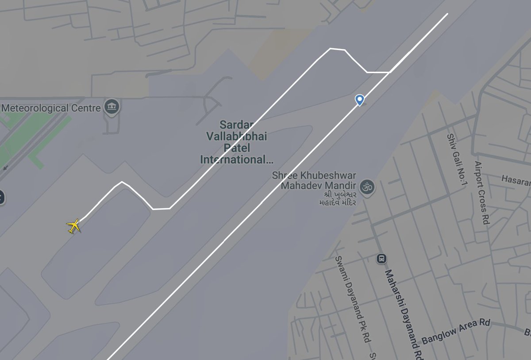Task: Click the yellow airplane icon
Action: point(74,226)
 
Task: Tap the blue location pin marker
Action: point(360,100)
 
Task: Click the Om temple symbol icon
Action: point(366,187)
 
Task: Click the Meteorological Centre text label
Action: point(51,108)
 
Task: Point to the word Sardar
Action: point(236,125)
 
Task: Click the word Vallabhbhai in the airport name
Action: point(236,136)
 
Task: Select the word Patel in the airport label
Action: point(236,148)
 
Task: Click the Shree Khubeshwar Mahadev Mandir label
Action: point(314,180)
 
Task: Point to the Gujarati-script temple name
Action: point(338,198)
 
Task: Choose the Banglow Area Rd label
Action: point(456,331)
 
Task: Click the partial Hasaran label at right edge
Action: point(516,179)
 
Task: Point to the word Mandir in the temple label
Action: point(341,185)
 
